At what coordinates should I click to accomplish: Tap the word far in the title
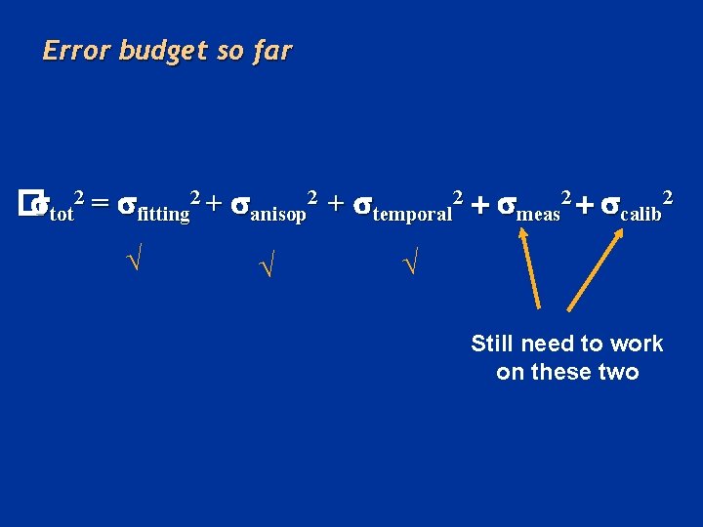(271, 51)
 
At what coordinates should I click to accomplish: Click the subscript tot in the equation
(61, 213)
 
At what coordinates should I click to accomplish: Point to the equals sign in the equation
(100, 204)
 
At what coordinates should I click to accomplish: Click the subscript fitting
(164, 214)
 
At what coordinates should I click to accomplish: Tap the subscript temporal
(412, 214)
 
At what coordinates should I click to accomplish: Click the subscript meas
(538, 214)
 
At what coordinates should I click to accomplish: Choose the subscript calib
(641, 214)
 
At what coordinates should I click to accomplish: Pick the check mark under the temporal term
(411, 262)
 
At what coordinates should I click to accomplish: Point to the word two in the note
(619, 372)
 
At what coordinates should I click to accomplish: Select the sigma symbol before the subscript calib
(611, 205)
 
